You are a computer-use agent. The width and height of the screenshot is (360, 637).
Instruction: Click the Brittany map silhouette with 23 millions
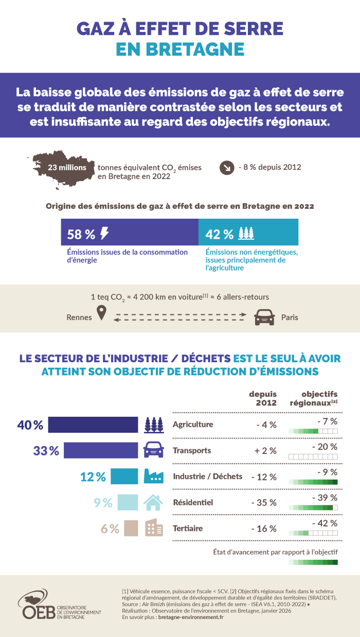[62, 168]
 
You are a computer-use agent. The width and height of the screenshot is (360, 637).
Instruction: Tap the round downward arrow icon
[226, 168]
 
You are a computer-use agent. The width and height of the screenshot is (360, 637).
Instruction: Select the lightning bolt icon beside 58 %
[104, 234]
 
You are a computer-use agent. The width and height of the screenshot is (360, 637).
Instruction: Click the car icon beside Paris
[264, 317]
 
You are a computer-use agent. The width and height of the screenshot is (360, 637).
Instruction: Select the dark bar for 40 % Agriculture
[93, 425]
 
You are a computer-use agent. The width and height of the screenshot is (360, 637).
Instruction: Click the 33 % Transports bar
[101, 451]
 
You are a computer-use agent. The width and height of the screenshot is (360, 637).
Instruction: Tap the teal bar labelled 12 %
[124, 476]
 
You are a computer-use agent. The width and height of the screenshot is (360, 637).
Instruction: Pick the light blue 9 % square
[128, 502]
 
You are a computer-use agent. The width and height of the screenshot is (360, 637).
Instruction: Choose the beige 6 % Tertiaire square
[131, 528]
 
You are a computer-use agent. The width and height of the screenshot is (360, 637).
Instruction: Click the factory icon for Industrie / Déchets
[153, 476]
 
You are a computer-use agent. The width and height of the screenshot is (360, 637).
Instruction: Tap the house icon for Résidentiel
[153, 502]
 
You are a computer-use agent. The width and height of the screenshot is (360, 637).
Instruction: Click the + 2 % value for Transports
[266, 451]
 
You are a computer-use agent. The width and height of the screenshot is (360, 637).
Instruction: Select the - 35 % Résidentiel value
[264, 502]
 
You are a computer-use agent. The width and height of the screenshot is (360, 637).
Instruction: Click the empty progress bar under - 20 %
[313, 456]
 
